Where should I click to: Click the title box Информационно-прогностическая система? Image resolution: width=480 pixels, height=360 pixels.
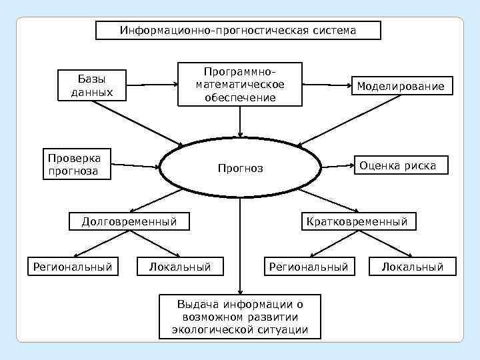(x=239, y=31)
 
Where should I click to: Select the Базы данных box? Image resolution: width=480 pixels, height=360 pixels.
(x=92, y=85)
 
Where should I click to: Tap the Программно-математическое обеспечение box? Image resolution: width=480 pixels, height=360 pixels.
(x=239, y=84)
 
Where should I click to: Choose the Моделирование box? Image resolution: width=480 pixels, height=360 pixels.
(x=400, y=87)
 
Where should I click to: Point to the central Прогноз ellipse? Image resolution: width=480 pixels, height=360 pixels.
(x=240, y=168)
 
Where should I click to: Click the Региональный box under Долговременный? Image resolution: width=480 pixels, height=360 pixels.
(x=69, y=267)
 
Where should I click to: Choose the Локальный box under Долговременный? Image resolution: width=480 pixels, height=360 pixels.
(x=180, y=267)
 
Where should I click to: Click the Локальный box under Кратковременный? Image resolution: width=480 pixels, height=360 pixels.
(x=412, y=267)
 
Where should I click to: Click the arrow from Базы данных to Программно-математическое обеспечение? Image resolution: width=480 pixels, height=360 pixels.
(x=151, y=85)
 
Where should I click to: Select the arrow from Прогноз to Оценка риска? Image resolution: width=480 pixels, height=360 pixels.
(x=337, y=164)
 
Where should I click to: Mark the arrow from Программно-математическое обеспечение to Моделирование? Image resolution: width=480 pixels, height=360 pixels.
(x=327, y=85)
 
